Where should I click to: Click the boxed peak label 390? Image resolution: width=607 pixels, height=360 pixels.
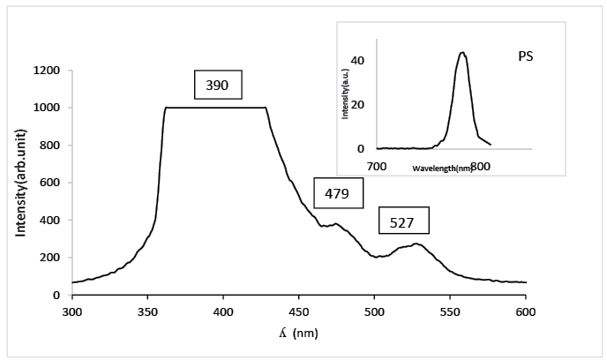[217, 85]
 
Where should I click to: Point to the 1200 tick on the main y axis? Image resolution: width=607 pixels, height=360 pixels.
[46, 71]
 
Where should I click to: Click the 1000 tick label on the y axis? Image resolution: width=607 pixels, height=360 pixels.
[46, 108]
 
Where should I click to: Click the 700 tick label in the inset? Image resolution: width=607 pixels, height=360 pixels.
[377, 166]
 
